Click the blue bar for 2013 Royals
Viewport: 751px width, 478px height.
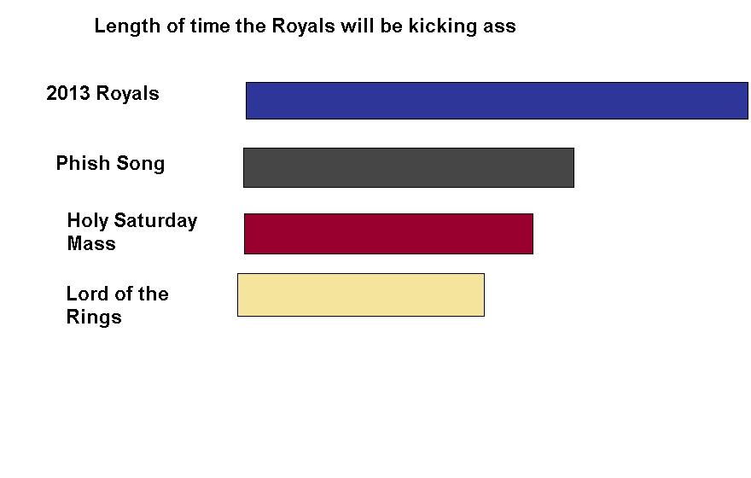(497, 101)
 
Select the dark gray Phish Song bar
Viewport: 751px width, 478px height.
(409, 167)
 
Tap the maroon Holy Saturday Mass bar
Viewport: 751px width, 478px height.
(388, 234)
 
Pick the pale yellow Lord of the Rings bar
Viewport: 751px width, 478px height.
(361, 295)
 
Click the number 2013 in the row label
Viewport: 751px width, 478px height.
(68, 93)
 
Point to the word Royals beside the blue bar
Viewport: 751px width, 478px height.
(127, 94)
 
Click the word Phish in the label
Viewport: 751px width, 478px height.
(83, 163)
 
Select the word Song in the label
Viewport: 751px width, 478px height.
(141, 164)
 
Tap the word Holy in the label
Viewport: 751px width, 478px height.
(88, 221)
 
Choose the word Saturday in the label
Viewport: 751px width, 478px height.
(155, 221)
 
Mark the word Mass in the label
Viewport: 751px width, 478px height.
(91, 243)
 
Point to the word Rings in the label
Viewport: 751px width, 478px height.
(94, 318)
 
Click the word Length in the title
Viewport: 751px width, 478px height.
(127, 26)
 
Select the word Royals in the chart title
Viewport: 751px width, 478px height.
(303, 26)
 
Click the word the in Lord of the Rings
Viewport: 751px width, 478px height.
(154, 294)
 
